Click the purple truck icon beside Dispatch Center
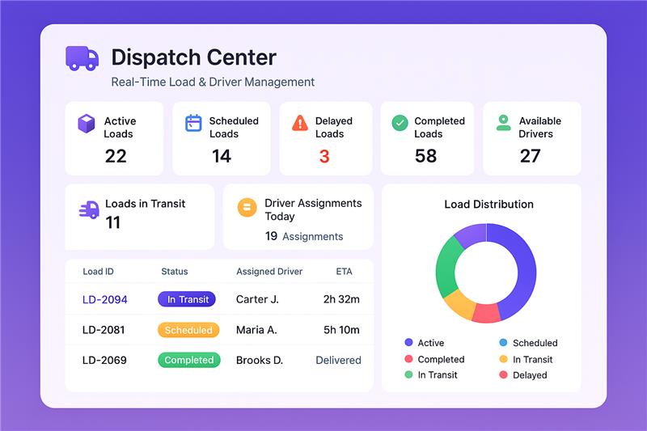(82, 58)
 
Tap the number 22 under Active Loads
(116, 156)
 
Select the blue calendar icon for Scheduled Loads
(193, 124)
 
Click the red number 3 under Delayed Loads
(324, 156)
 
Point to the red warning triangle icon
(300, 124)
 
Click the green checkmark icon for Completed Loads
(400, 123)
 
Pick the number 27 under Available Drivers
(530, 156)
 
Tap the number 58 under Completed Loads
(426, 156)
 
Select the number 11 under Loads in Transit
(113, 222)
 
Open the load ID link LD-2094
(105, 299)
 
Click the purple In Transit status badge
(188, 299)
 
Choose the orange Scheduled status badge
(188, 330)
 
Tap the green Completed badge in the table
(188, 360)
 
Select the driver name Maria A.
(256, 330)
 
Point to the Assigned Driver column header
(269, 272)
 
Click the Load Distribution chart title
(488, 204)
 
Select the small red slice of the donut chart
(486, 313)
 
